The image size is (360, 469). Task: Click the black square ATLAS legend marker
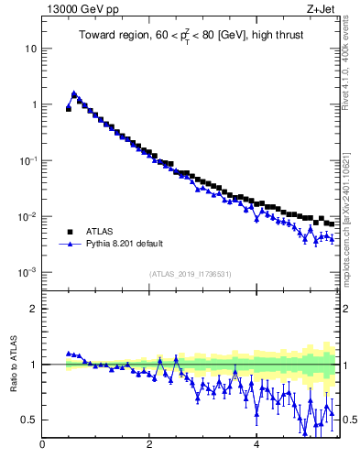tap(70, 232)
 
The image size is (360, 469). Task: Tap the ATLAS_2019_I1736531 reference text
tap(191, 274)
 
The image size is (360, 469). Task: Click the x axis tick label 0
tap(43, 446)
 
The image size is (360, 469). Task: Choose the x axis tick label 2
tap(149, 446)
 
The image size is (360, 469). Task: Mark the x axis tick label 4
tap(256, 446)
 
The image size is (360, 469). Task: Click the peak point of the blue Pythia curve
tap(74, 93)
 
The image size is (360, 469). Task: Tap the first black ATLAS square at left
tap(69, 108)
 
